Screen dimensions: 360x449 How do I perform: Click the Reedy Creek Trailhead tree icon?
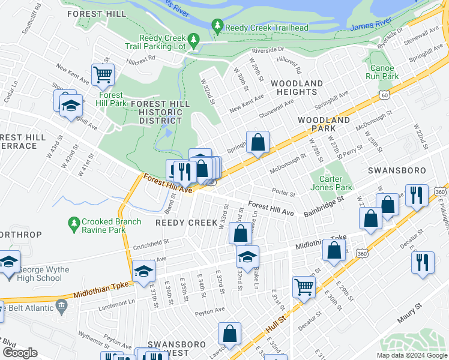coord(217,26)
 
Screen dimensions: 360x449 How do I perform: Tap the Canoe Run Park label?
coord(382,72)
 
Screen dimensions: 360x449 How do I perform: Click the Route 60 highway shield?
coord(383,95)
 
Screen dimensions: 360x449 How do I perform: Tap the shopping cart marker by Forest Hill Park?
coord(103,75)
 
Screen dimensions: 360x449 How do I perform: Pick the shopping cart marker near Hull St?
coord(304,287)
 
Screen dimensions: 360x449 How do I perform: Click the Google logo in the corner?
coord(20,352)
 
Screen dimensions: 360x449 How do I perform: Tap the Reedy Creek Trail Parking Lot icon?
coord(193,40)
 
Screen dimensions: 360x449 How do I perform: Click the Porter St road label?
coord(283,194)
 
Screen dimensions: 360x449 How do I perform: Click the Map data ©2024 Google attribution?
coord(411,355)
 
